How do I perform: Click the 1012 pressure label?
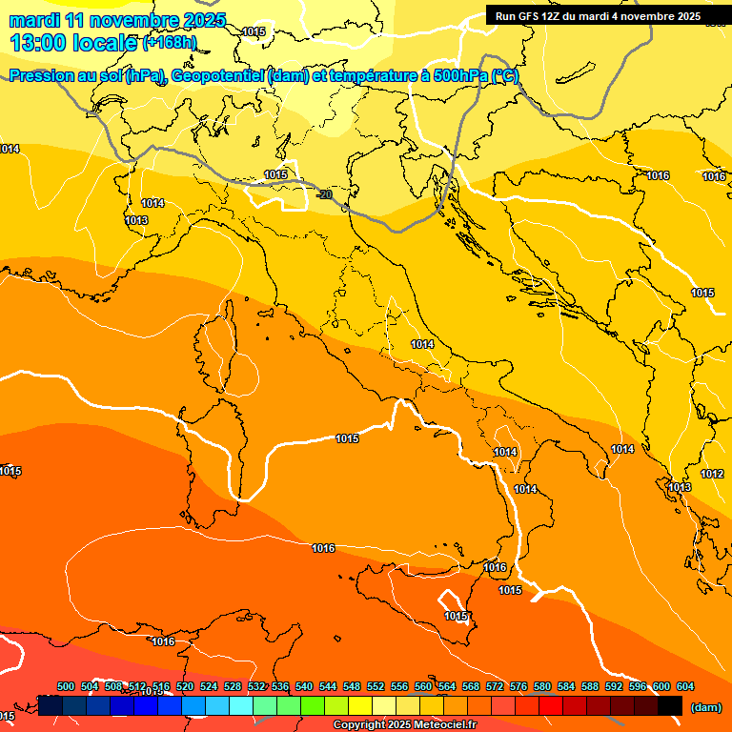point(711,474)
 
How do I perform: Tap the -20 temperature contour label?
point(325,194)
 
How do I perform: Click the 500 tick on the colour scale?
point(66,686)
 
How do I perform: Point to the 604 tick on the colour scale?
point(684,686)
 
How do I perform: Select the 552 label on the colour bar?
point(376,686)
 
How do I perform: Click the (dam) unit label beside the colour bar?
point(705,706)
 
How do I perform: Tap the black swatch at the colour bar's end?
point(670,706)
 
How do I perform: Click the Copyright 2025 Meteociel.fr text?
point(404,724)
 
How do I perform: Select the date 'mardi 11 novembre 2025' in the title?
point(117,20)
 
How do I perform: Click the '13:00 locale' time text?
point(74,43)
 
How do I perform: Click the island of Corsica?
point(216,348)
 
